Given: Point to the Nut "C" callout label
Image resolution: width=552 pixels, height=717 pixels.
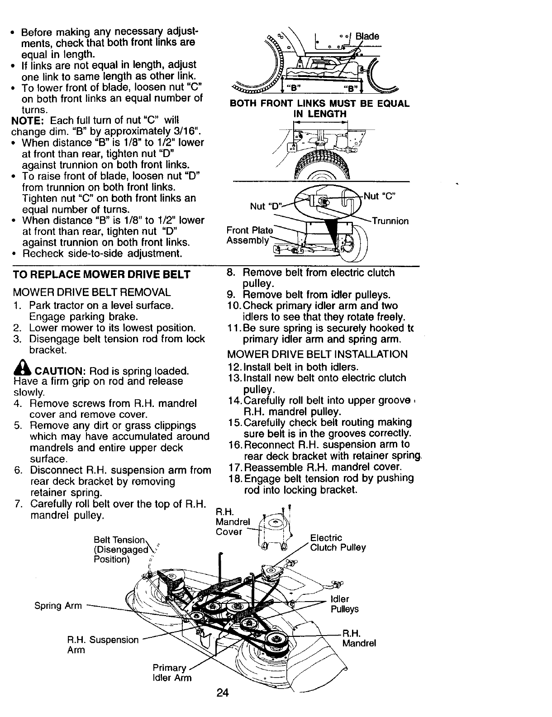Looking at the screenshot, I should tap(380, 196).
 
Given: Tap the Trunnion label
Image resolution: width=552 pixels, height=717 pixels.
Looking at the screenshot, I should tap(390, 221).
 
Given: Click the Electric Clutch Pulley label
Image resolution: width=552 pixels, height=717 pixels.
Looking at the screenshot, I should tap(338, 543).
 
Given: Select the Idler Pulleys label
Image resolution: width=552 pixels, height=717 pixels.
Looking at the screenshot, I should tap(344, 604).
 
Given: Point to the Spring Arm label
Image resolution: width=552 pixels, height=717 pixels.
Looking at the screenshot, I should tap(58, 605).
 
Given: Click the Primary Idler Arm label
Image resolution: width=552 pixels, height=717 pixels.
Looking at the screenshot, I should tap(172, 673).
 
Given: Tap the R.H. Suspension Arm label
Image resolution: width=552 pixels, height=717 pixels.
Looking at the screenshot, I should tap(103, 645).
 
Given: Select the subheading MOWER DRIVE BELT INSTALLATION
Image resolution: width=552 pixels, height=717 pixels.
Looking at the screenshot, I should tap(317, 354).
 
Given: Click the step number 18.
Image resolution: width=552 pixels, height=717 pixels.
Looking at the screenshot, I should tap(235, 478).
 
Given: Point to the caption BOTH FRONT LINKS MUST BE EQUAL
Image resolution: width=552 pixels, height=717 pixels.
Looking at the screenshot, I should tap(319, 104).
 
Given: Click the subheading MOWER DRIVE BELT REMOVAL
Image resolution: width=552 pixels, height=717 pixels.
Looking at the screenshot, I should tap(92, 292).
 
